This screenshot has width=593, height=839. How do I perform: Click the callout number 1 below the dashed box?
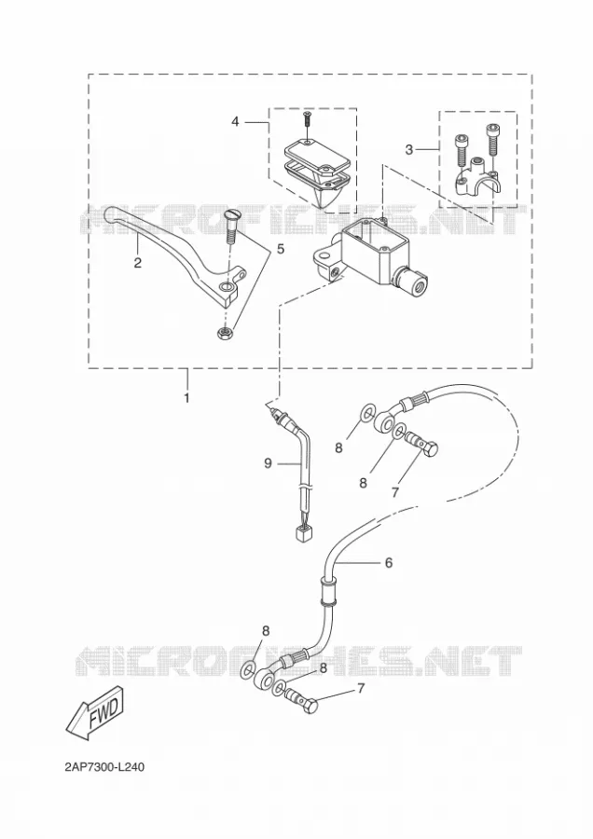(186, 398)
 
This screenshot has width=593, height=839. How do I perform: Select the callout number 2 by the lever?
(138, 263)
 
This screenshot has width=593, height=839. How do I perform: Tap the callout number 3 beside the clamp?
(409, 150)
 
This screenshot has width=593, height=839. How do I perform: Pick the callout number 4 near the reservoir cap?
(235, 122)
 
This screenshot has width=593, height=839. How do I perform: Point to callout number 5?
(281, 249)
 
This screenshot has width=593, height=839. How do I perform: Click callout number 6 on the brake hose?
(389, 562)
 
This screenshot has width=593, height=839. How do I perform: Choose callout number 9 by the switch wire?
(269, 462)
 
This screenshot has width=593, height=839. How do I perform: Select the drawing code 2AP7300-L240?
(104, 767)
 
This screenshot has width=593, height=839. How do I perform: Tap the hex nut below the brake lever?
(224, 333)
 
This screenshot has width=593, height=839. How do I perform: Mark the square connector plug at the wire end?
(303, 534)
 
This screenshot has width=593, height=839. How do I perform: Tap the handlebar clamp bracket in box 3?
(476, 178)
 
